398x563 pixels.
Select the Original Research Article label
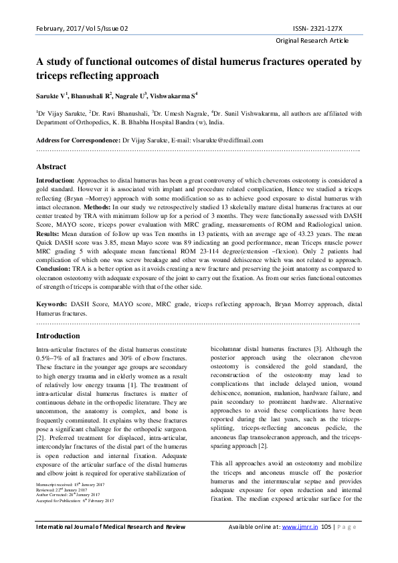click(x=312, y=41)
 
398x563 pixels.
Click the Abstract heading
click(x=51, y=166)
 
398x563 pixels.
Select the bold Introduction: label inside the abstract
click(x=56, y=180)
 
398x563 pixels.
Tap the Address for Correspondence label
click(x=78, y=140)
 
